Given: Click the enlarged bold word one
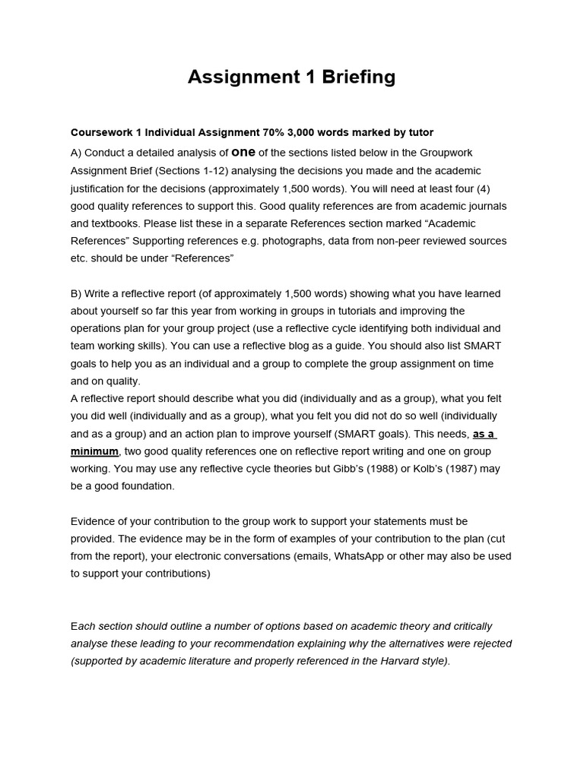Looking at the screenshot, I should point(243,152).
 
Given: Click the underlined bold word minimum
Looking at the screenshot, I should point(95,451).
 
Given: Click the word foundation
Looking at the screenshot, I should point(144,486).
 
